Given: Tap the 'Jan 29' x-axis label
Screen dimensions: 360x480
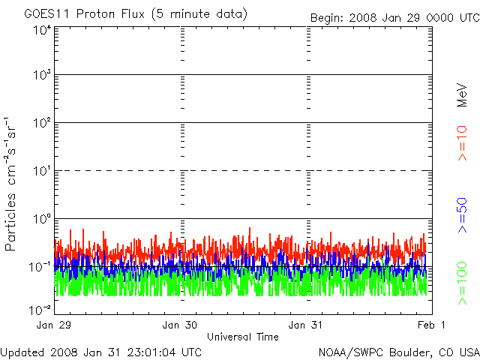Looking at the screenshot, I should click(x=55, y=325).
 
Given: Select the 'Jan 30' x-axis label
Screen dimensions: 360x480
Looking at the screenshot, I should click(x=181, y=325).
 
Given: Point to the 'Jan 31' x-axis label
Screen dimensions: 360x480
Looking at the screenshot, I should click(x=307, y=325).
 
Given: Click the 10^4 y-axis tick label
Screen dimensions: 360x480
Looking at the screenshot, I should click(x=41, y=30).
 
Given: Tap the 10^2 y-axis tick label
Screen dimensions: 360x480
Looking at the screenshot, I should click(x=41, y=124).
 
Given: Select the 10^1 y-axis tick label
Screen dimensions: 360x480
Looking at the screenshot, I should click(x=41, y=172).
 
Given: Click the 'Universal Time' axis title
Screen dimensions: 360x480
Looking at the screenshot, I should click(x=243, y=337).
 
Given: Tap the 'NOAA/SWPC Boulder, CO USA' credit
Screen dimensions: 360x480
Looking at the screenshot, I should click(x=398, y=352).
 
